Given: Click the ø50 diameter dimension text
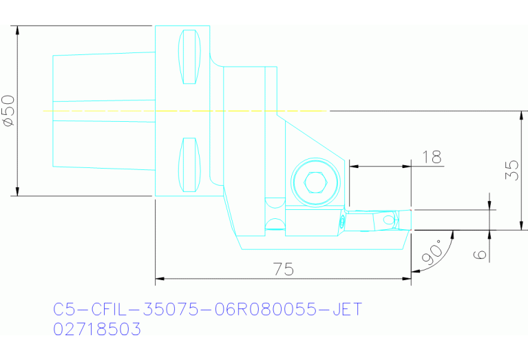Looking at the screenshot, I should click(x=9, y=111).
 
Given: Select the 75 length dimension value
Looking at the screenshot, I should click(x=279, y=269).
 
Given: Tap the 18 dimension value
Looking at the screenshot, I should click(x=432, y=157).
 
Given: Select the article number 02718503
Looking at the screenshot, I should click(x=97, y=330).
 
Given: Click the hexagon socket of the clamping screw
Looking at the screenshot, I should click(x=315, y=182).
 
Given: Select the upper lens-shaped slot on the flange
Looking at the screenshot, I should click(x=189, y=56).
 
